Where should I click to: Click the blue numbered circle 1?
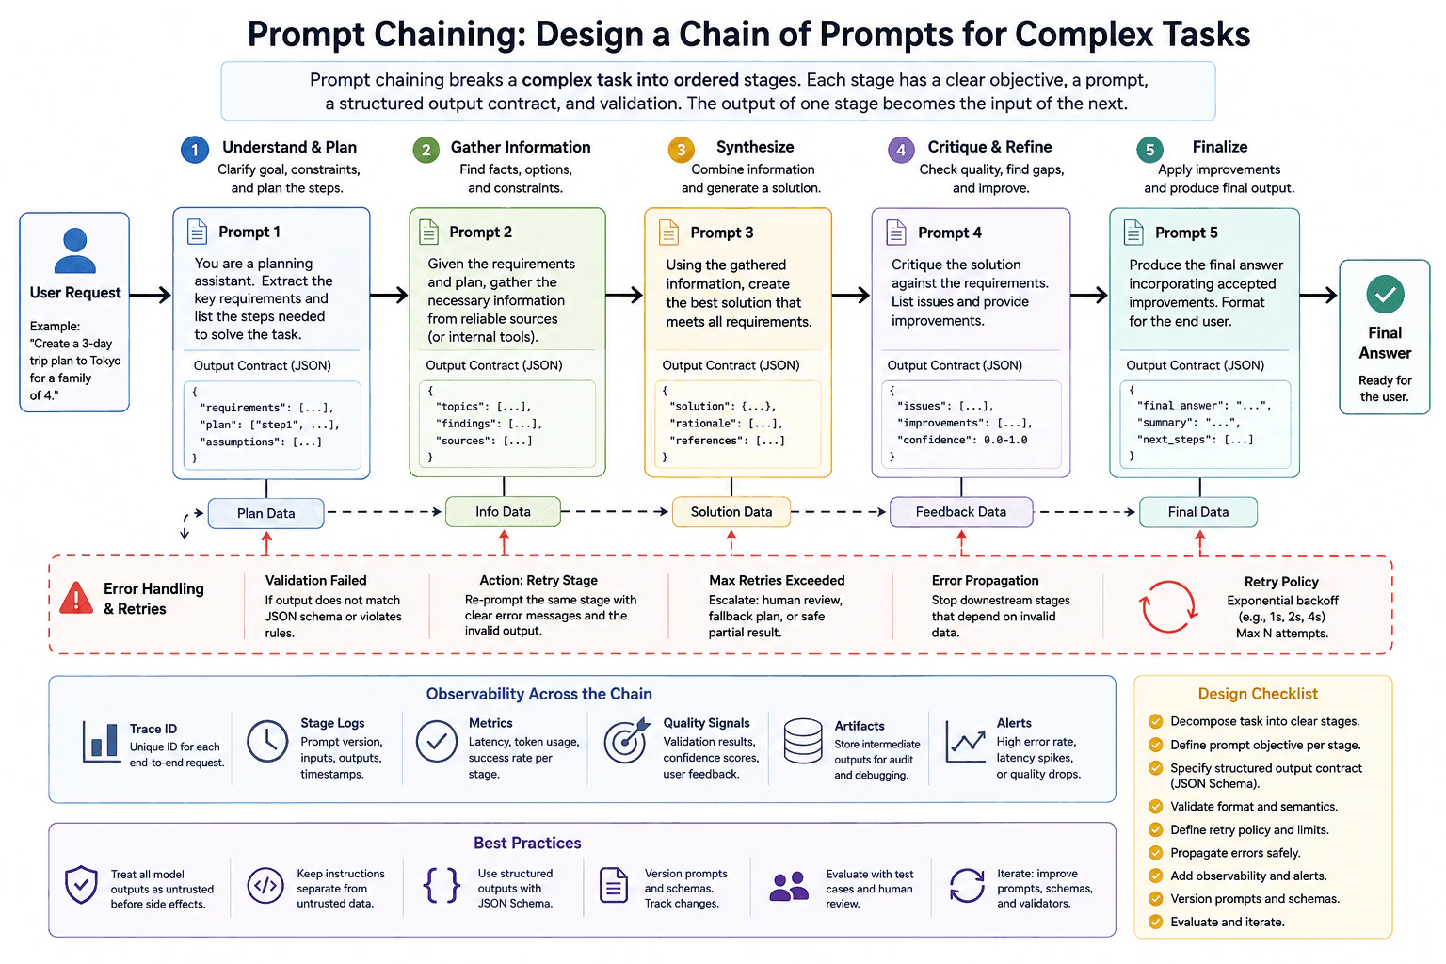click(194, 150)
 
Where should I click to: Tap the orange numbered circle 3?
click(681, 150)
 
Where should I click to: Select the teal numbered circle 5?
click(1149, 150)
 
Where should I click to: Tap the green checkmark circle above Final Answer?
click(1385, 295)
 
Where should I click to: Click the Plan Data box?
click(266, 513)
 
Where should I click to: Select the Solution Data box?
click(731, 512)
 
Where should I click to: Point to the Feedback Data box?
click(961, 512)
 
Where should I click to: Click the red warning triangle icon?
click(76, 598)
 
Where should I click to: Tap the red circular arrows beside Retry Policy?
click(1168, 607)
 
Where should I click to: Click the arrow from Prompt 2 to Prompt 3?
click(624, 295)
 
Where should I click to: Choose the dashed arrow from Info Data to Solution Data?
click(615, 512)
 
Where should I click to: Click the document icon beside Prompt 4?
click(896, 233)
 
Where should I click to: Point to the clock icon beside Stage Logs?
click(267, 741)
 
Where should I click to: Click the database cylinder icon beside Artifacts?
click(802, 741)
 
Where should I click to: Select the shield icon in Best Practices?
click(81, 885)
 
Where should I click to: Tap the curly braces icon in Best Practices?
click(442, 885)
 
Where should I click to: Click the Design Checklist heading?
click(1258, 694)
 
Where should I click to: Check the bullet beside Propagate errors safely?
click(1155, 853)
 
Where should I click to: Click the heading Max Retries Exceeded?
click(777, 581)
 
